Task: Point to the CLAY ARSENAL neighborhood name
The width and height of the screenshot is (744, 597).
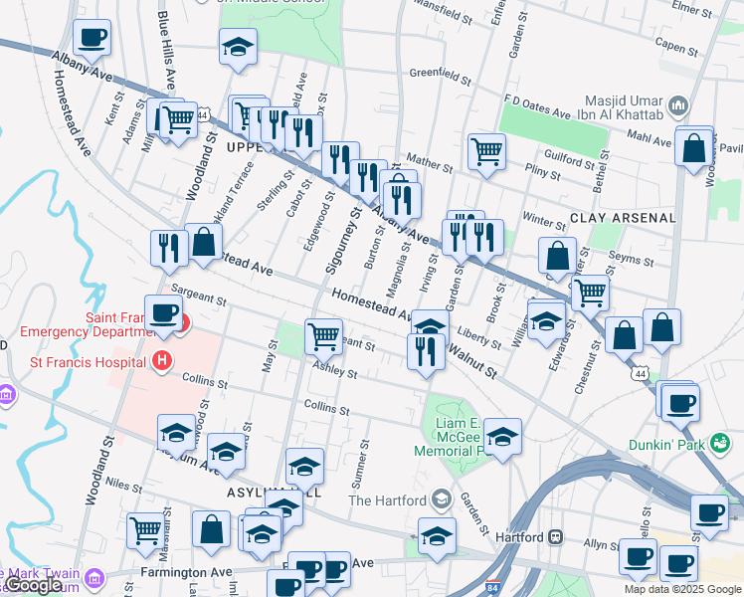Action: (x=624, y=217)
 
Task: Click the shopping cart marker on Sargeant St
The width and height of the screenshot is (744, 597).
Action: (x=323, y=336)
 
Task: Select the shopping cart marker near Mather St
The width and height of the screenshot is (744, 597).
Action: (x=486, y=151)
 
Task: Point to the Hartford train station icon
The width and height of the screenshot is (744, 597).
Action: (x=557, y=536)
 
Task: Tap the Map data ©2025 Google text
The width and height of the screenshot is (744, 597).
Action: (x=681, y=589)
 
